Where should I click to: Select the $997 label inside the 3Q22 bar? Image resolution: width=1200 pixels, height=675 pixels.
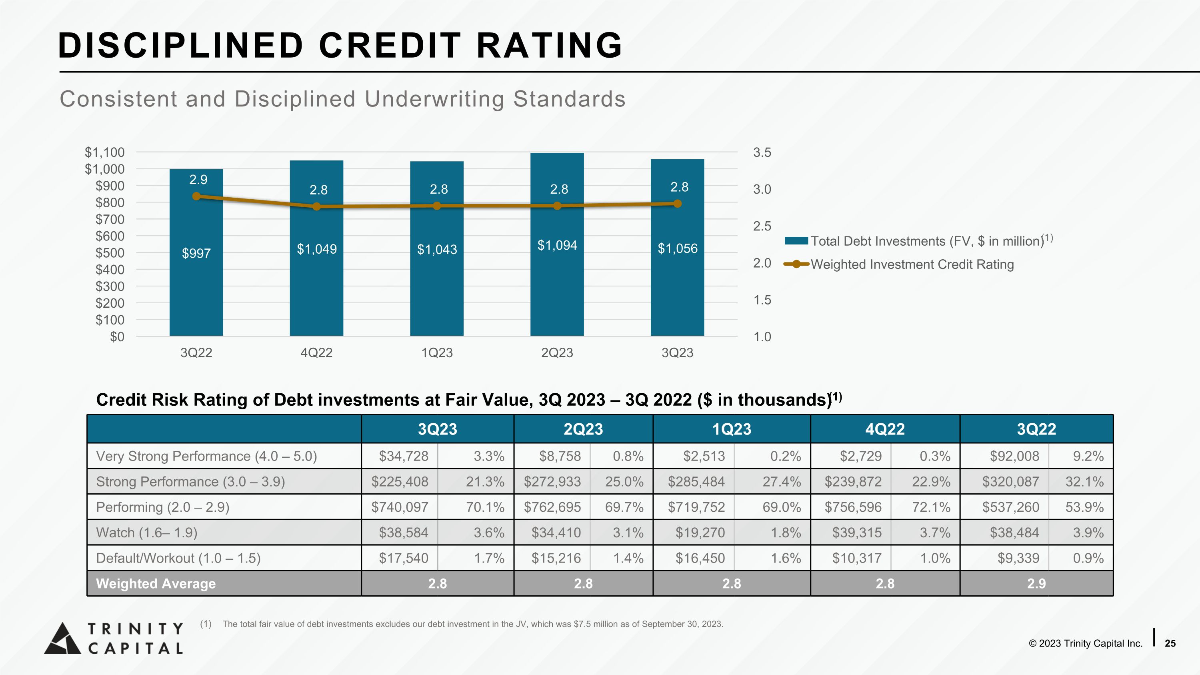196,253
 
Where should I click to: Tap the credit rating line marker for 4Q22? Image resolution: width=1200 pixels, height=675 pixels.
317,206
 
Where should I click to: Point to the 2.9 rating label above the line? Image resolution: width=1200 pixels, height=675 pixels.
198,180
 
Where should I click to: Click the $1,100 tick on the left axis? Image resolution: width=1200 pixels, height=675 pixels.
105,152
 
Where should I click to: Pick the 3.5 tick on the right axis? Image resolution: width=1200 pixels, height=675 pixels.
762,152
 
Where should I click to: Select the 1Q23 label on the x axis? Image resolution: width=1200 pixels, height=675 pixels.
437,353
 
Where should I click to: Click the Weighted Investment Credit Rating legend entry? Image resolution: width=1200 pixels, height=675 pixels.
912,264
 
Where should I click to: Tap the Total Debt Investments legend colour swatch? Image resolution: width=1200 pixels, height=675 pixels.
796,241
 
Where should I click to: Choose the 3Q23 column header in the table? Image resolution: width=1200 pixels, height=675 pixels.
438,429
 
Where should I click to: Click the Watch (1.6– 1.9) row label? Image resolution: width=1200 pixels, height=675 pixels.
147,533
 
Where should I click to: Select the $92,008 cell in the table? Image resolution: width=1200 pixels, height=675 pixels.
1014,456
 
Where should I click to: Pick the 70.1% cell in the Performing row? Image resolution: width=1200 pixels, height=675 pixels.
485,507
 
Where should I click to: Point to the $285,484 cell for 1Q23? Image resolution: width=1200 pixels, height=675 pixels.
696,482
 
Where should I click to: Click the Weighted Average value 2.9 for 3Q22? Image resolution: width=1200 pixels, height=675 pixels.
1036,584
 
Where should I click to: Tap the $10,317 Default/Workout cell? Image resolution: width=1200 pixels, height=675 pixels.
857,558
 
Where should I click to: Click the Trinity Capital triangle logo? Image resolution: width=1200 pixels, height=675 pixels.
62,638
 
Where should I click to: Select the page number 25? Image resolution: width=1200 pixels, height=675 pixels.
1170,643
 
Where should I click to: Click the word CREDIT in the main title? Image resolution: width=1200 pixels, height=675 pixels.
390,46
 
